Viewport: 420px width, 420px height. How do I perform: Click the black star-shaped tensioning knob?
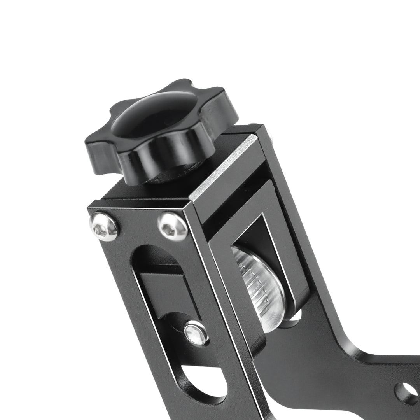click(156, 132)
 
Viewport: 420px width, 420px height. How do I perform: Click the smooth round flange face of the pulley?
click(272, 296)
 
